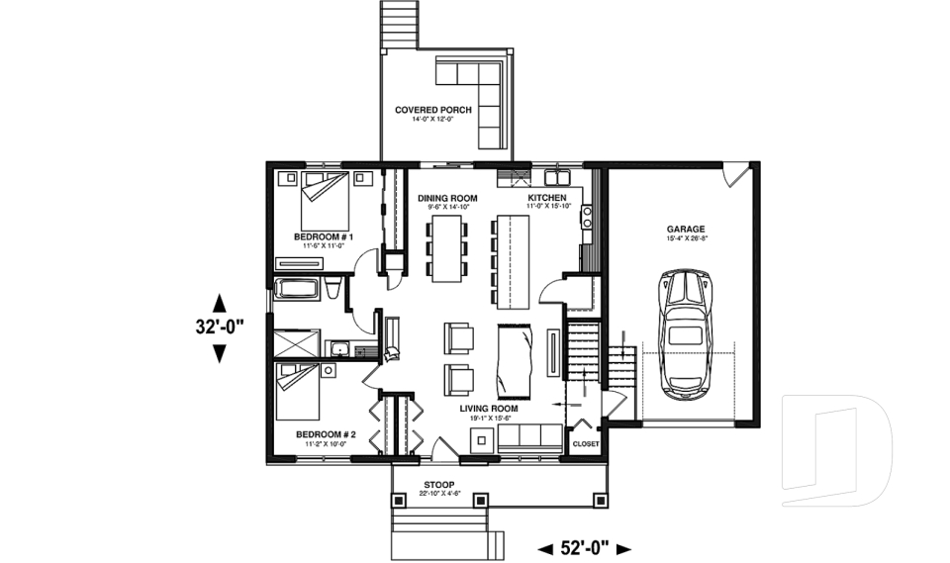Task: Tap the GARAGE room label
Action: (x=685, y=229)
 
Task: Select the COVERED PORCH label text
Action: (x=433, y=110)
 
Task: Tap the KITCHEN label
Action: (x=546, y=198)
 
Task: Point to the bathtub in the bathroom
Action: (x=298, y=290)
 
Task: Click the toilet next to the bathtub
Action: (x=334, y=289)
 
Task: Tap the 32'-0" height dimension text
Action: (x=219, y=327)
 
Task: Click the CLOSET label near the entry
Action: (x=585, y=444)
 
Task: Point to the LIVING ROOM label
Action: (x=489, y=408)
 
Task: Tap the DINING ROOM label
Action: (x=447, y=198)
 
